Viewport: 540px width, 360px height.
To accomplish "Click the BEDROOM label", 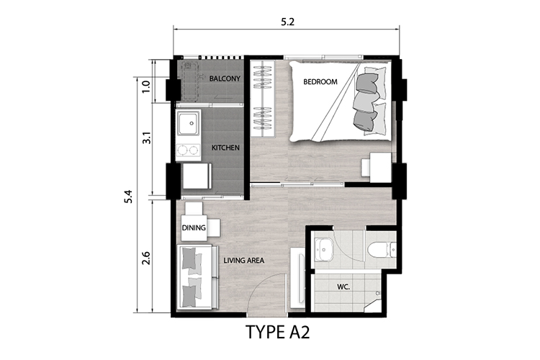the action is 320,82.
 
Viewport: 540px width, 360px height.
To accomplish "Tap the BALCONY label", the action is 225,78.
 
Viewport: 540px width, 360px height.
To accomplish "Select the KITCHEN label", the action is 225,148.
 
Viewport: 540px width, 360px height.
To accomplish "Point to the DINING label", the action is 194,228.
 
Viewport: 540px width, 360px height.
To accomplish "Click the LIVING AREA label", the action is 244,261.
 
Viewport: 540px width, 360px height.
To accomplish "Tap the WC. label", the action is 343,287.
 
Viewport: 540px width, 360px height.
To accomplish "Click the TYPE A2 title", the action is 278,333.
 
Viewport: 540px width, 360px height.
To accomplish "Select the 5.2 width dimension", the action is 287,22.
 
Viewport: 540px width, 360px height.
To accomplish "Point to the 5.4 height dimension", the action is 128,197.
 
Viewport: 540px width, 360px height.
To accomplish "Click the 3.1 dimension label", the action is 147,138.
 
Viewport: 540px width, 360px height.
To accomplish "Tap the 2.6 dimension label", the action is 146,258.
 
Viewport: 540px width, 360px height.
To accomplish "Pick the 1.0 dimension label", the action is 146,87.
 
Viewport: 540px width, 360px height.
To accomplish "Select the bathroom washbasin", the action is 324,249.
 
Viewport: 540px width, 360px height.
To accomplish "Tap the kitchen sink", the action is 188,122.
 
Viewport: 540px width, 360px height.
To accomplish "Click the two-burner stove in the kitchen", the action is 188,150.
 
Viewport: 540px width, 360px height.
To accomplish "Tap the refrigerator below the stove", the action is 197,176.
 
